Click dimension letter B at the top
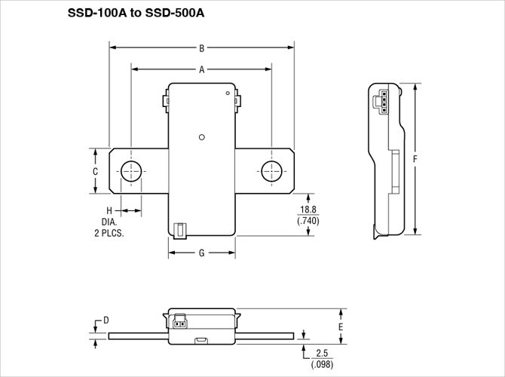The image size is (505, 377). (x=202, y=48)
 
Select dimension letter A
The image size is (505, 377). (x=202, y=69)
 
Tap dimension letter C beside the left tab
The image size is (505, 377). (x=95, y=172)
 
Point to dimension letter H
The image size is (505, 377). (x=109, y=210)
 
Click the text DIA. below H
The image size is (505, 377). (x=109, y=222)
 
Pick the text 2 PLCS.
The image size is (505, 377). (x=109, y=234)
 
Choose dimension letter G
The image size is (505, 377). (x=202, y=253)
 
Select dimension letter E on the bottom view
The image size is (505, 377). (x=341, y=328)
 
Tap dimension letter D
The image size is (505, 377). (x=106, y=320)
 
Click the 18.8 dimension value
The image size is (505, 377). (x=309, y=210)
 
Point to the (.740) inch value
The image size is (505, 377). (x=309, y=221)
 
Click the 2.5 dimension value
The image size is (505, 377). (x=322, y=353)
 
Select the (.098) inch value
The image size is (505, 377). (x=322, y=364)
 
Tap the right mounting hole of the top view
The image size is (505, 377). (x=271, y=170)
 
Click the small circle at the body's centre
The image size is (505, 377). (x=201, y=137)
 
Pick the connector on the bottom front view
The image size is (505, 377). (x=180, y=322)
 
